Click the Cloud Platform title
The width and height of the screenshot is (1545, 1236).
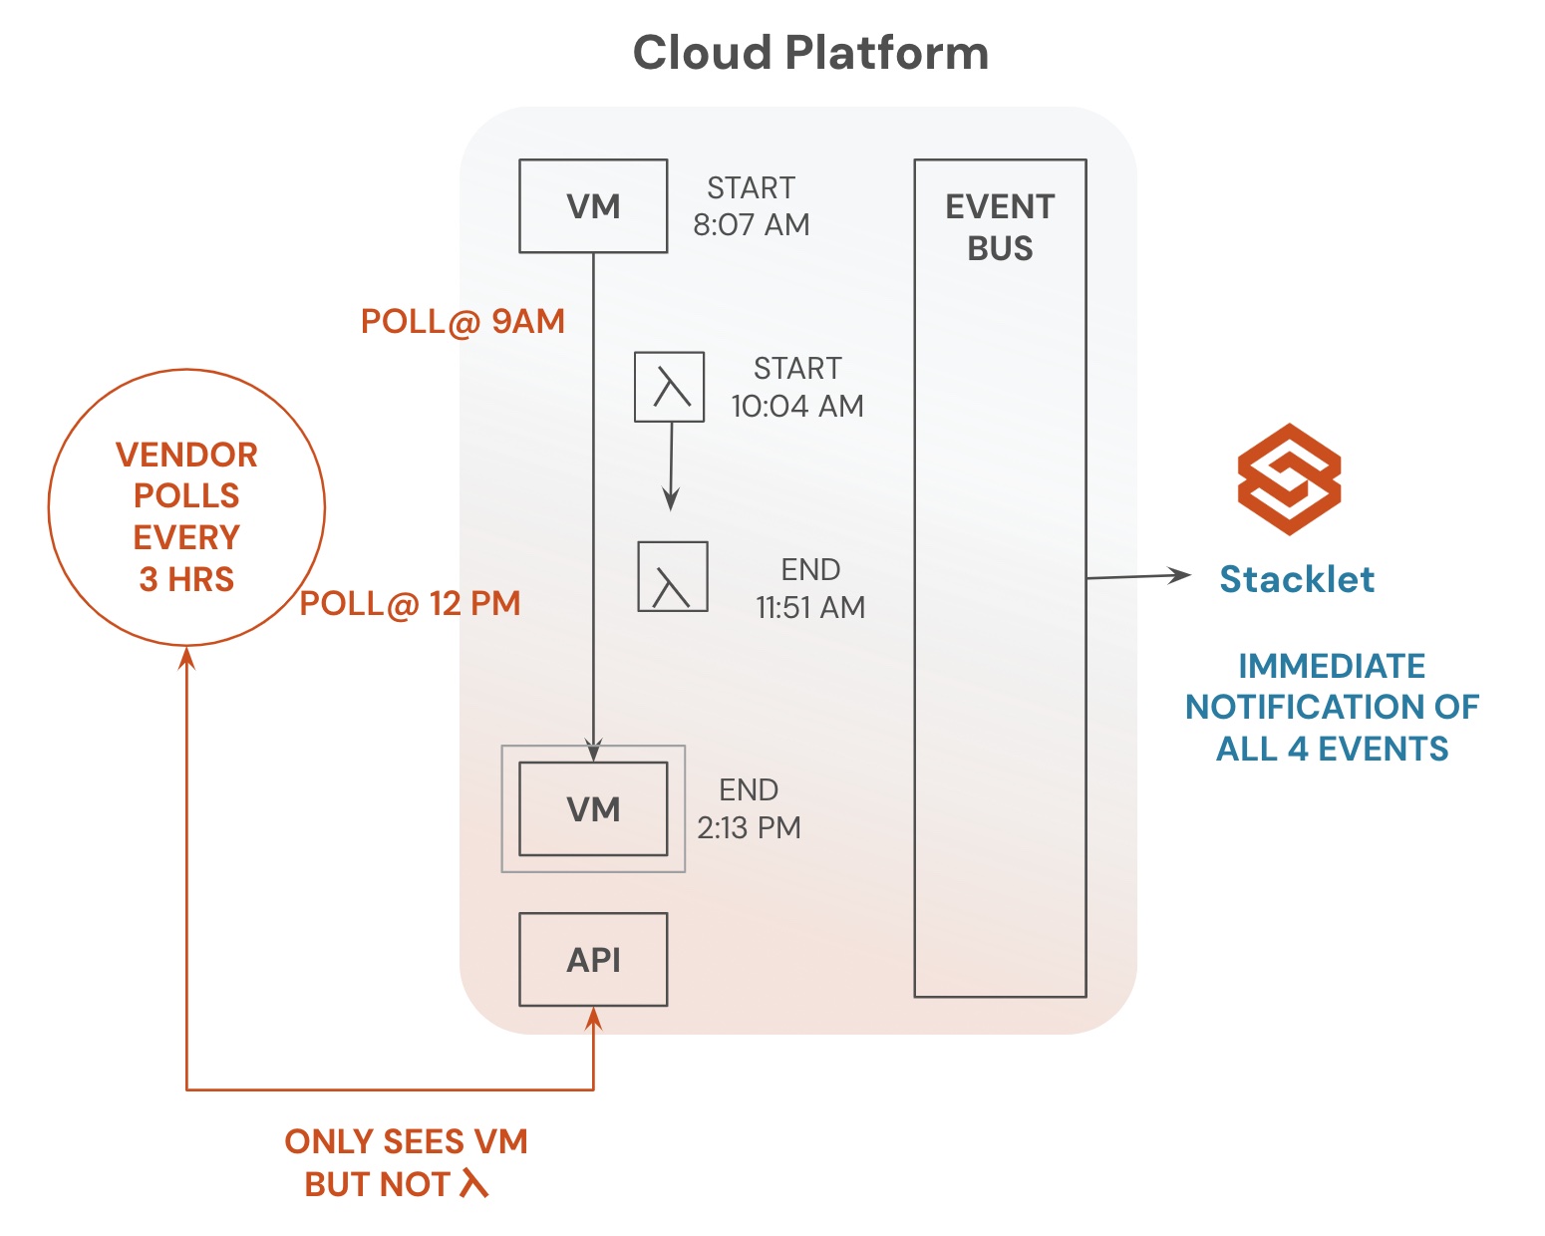(x=810, y=53)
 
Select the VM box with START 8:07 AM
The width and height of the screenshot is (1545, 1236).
(x=593, y=206)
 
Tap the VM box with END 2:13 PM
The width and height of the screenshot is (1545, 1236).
(x=593, y=808)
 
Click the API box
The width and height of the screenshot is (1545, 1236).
(x=593, y=959)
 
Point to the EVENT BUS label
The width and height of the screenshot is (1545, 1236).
(x=1000, y=227)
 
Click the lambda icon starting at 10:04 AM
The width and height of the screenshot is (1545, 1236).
(x=670, y=387)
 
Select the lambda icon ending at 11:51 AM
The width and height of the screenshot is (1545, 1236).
(x=673, y=576)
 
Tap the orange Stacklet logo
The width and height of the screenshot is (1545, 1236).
(x=1289, y=479)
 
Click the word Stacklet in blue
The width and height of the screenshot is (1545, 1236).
(x=1297, y=579)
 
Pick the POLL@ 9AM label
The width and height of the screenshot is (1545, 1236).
(x=463, y=321)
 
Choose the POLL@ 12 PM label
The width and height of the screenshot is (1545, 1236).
(x=411, y=603)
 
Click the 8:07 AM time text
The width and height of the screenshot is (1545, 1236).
(x=752, y=225)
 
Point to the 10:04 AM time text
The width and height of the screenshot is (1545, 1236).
(x=797, y=407)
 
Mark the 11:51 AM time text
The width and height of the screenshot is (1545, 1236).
(x=810, y=607)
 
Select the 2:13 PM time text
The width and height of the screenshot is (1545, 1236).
(x=749, y=828)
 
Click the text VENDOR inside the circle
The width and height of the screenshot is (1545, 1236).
(x=186, y=455)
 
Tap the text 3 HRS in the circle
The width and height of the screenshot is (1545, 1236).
(x=186, y=579)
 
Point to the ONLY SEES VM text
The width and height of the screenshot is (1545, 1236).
(x=406, y=1141)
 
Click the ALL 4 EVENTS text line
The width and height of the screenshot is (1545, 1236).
(x=1332, y=749)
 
